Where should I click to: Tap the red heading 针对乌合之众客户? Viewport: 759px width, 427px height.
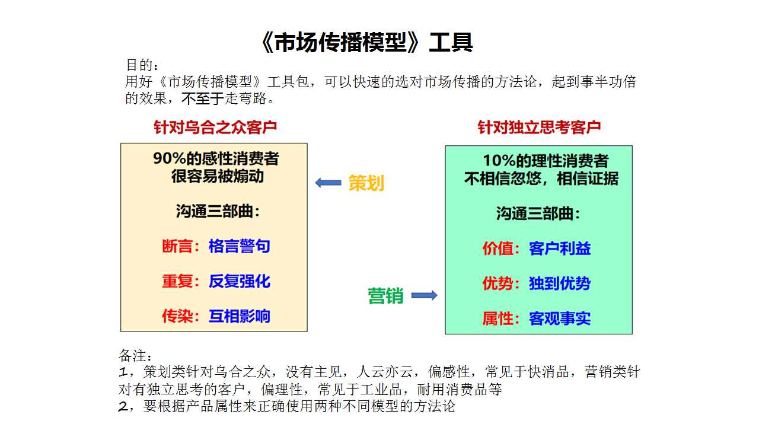pos(215,128)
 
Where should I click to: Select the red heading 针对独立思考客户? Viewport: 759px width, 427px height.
pos(539,128)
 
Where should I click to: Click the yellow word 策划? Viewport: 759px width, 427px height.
pos(366,183)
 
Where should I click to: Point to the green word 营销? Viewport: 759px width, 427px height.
pos(385,295)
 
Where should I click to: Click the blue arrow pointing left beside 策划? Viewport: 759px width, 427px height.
pos(328,183)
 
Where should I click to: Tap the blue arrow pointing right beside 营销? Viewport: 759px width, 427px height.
pos(424,295)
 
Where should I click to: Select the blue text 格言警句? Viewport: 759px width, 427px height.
pos(240,246)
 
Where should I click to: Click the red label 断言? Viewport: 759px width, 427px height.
pos(177,246)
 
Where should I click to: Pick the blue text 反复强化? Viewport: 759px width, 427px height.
pos(240,281)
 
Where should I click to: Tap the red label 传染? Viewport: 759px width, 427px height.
pos(177,316)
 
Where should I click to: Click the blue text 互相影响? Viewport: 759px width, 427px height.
pos(240,316)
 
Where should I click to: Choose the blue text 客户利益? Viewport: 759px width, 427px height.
pos(560,248)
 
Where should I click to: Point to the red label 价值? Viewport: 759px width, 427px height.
pos(498,248)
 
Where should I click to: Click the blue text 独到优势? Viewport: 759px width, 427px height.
pos(560,283)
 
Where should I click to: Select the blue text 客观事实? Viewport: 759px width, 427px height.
pos(560,318)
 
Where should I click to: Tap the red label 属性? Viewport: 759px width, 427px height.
pos(498,318)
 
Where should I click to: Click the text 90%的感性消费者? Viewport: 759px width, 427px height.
pos(216,158)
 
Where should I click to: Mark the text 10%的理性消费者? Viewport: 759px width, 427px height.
pos(546,161)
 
